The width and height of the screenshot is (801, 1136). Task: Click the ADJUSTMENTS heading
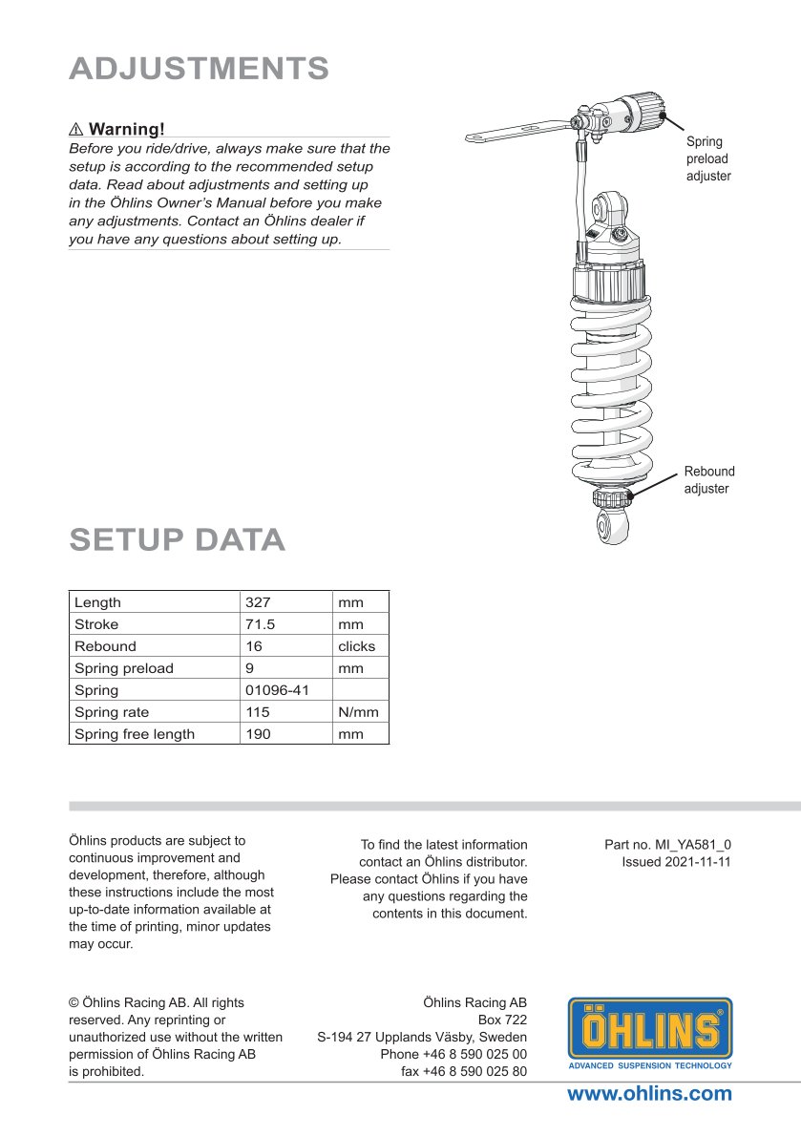[x=200, y=69]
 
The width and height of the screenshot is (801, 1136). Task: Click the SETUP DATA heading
[x=178, y=539]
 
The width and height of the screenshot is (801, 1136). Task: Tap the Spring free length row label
[x=135, y=734]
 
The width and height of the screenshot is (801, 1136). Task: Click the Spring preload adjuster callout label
[x=708, y=158]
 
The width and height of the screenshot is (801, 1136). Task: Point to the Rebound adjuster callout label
[x=709, y=480]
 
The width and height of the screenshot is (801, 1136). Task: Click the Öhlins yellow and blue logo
[x=650, y=1032]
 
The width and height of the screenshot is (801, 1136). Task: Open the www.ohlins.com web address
[x=649, y=1094]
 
